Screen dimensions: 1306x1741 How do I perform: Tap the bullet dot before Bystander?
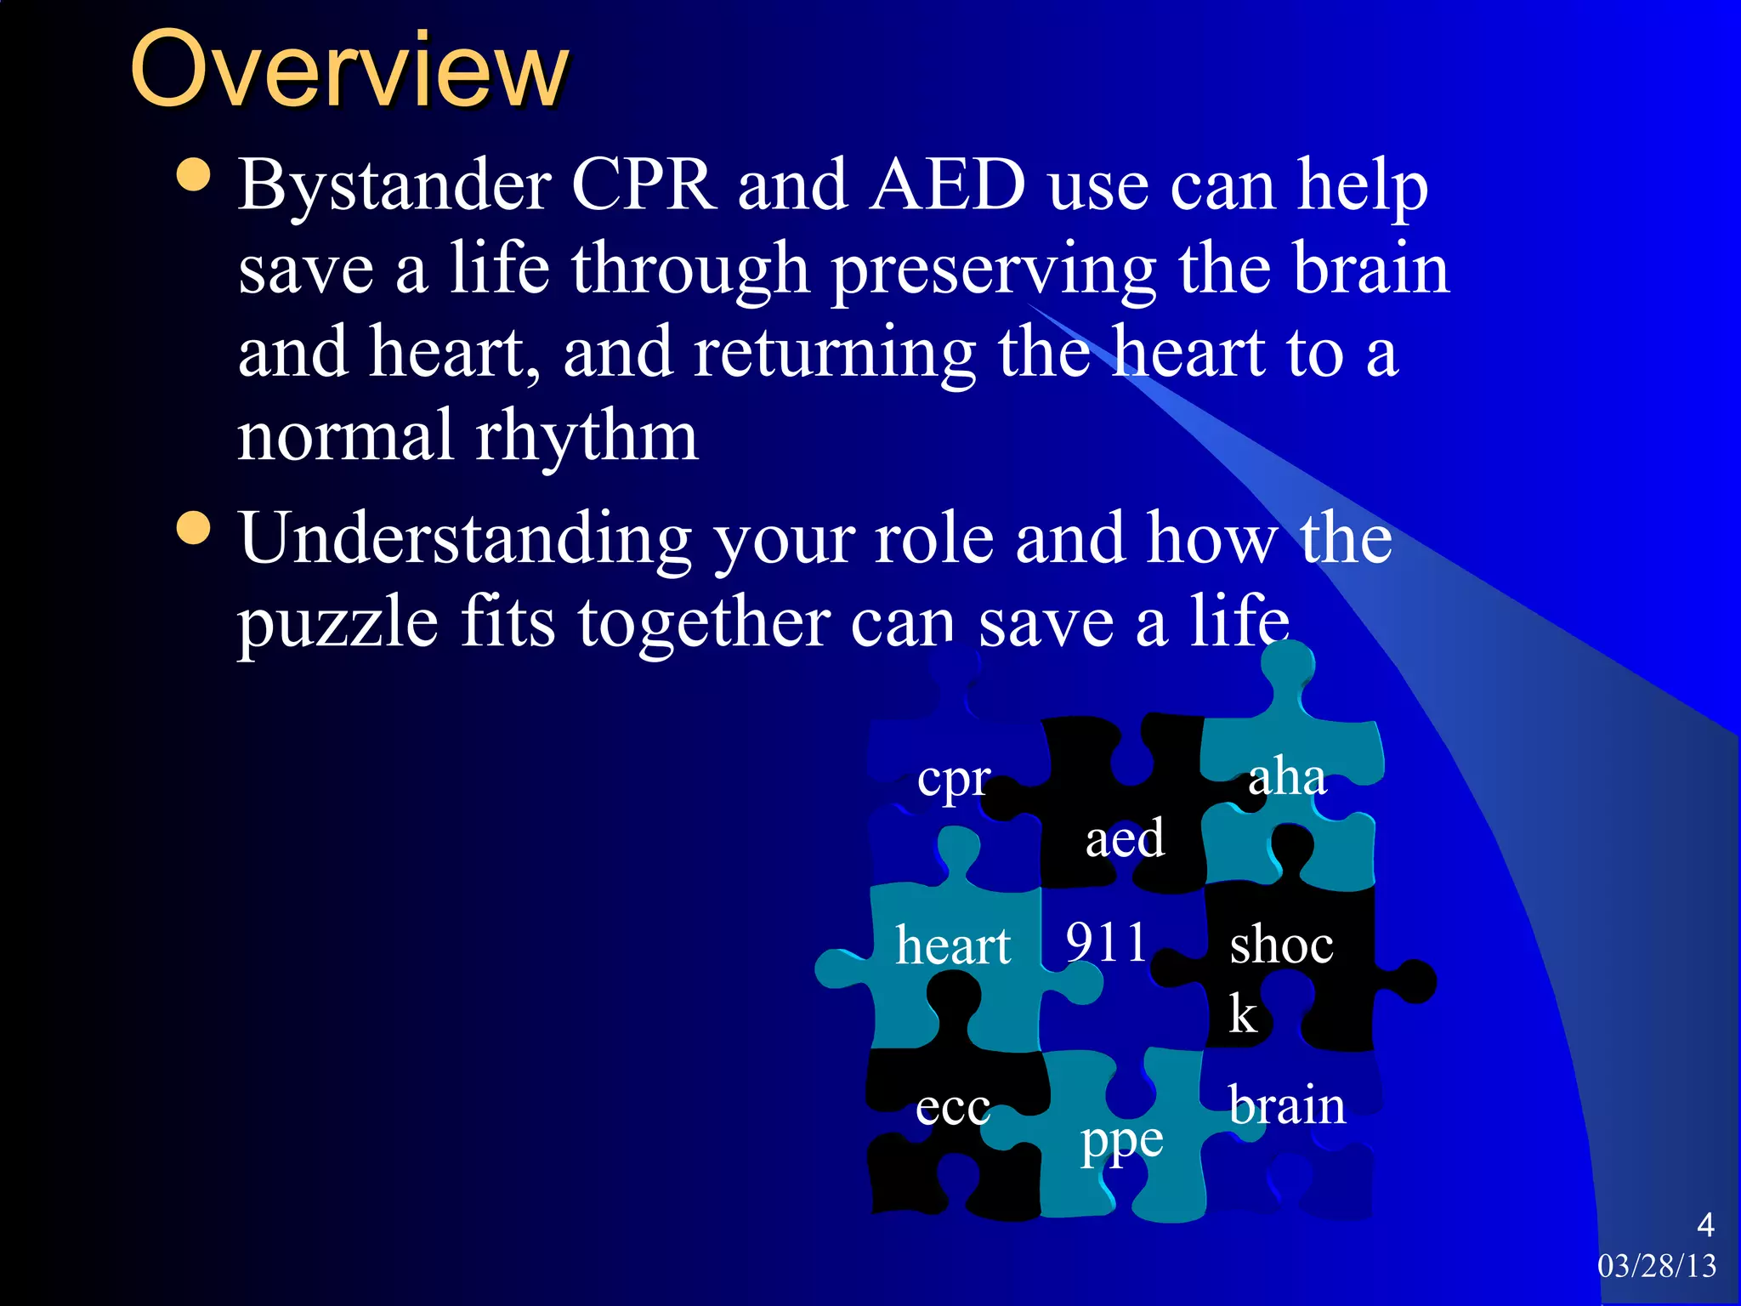194,175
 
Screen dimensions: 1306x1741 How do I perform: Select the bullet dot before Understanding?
194,527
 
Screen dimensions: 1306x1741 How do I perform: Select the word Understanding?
464,539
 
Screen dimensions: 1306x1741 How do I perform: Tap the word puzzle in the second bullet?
337,622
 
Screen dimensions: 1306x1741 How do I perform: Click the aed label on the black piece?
1124,838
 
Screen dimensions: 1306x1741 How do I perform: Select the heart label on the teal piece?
953,945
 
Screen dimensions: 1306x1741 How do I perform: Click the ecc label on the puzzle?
953,1108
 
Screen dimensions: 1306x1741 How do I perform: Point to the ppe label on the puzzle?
1121,1142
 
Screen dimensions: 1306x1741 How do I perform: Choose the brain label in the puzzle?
1287,1105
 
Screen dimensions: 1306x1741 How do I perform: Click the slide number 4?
1704,1224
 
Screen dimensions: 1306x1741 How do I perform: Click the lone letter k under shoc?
1243,1014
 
